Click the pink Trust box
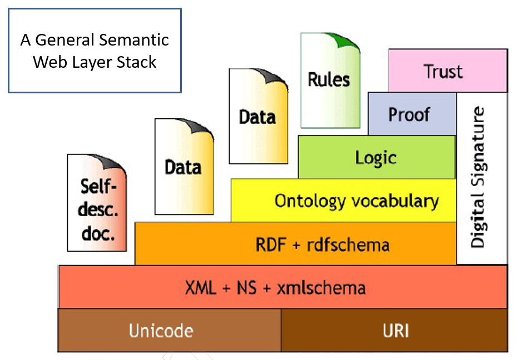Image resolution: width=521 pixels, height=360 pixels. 448,71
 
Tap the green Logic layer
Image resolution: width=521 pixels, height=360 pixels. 376,157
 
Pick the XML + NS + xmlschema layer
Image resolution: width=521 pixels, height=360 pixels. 282,288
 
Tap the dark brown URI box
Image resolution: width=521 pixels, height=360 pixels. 395,331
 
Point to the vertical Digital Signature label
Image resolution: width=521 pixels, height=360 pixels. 478,178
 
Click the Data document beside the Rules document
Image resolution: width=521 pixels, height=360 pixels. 257,117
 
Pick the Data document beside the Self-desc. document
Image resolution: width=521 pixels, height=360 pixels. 183,167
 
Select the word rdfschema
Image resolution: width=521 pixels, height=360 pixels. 348,244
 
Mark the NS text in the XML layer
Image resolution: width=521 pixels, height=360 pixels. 246,288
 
